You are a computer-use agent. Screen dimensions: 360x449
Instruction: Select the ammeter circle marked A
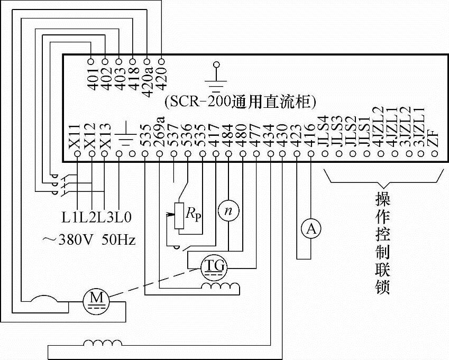point(312,228)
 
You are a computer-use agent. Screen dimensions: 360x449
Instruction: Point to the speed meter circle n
point(228,210)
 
